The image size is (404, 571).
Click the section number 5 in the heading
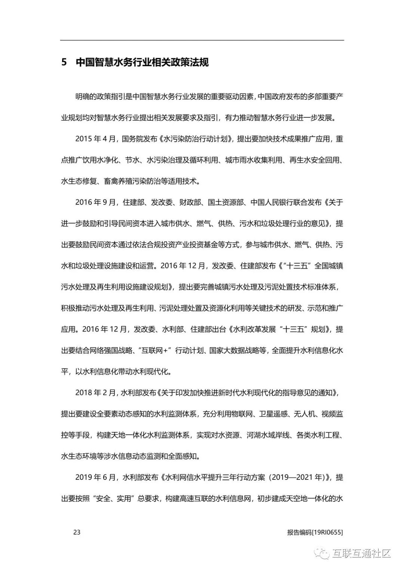pyautogui.click(x=64, y=62)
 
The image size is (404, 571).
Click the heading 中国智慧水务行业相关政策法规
pyautogui.click(x=142, y=62)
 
